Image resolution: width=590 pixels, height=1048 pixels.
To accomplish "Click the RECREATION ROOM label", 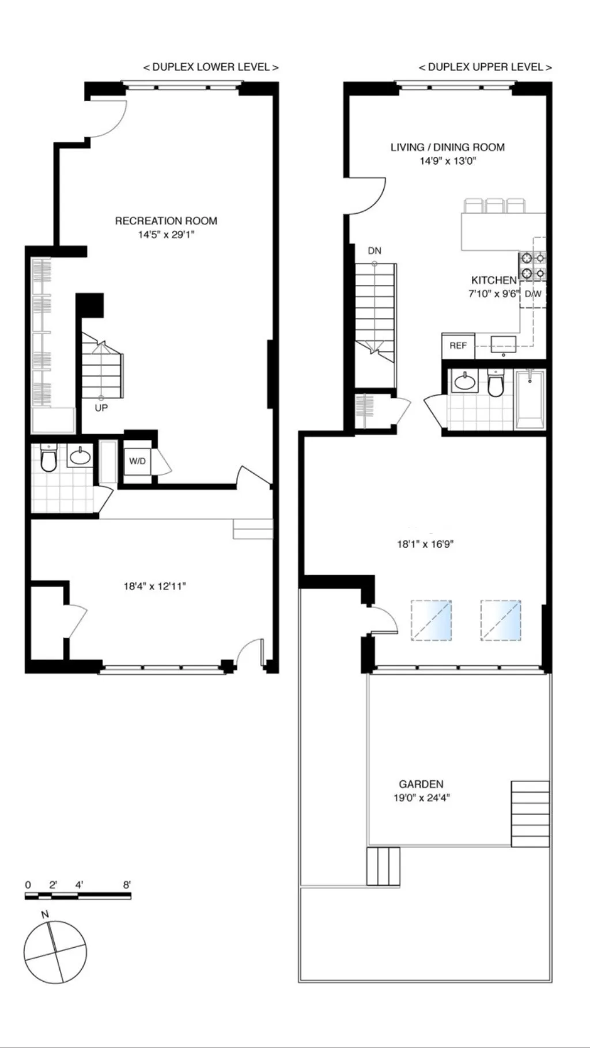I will [166, 221].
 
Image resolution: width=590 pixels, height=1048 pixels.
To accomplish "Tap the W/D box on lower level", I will [137, 461].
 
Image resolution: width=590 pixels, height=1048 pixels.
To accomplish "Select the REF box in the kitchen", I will [458, 345].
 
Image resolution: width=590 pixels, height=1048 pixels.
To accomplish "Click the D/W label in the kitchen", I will [533, 294].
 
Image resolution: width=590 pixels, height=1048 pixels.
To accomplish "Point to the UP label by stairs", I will [101, 408].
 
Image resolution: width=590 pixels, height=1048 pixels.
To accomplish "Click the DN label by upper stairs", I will [375, 250].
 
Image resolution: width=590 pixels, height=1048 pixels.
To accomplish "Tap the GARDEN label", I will [421, 784].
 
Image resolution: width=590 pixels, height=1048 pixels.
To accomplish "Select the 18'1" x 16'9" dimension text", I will [426, 544].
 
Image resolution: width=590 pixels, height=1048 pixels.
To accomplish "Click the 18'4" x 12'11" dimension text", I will [155, 587].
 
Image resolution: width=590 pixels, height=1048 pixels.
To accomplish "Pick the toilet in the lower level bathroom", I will [48, 459].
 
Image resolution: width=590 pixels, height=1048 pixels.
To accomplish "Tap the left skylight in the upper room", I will [431, 620].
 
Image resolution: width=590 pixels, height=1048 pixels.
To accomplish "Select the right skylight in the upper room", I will [501, 620].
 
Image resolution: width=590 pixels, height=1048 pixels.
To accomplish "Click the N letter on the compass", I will [45, 914].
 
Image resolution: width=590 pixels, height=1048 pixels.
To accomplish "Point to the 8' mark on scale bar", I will [127, 885].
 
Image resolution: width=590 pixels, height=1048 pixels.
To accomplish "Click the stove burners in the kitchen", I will [532, 265].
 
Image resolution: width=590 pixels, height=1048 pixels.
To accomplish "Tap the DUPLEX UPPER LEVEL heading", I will [485, 67].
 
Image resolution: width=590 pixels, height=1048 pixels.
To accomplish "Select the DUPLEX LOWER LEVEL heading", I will [211, 67].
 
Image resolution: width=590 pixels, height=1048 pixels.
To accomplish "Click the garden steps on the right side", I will [530, 814].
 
